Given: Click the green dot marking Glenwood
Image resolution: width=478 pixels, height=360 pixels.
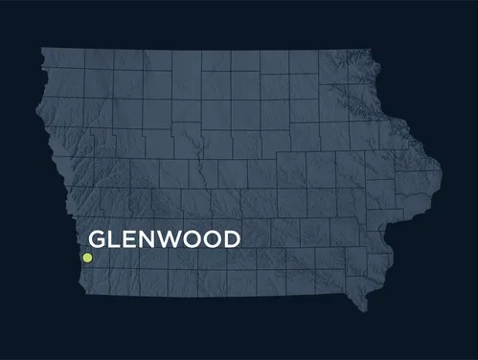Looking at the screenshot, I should (87, 258).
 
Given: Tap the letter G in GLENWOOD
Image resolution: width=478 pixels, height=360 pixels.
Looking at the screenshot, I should (99, 238).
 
